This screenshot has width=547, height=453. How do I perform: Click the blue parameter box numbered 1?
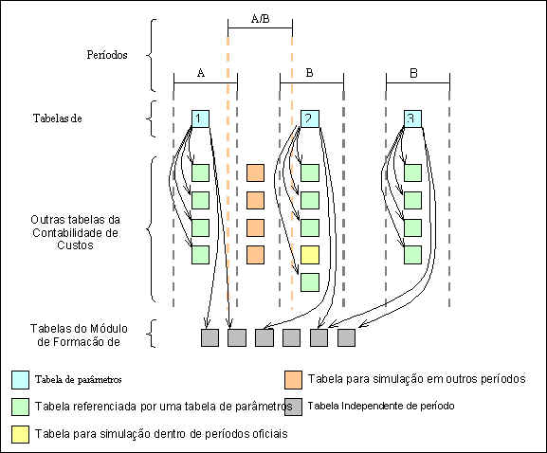click(201, 118)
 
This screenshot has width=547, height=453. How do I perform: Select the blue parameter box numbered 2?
click(310, 118)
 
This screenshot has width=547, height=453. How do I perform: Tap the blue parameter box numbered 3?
click(412, 118)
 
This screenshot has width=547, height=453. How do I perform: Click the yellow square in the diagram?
click(310, 255)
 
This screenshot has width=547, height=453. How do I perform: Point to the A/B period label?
click(261, 19)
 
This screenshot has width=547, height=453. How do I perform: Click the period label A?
click(201, 73)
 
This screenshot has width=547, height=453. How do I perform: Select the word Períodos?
click(107, 55)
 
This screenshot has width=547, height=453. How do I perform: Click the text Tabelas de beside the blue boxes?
click(58, 118)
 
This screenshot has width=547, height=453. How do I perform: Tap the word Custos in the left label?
click(75, 245)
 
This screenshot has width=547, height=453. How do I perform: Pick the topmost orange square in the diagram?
click(255, 173)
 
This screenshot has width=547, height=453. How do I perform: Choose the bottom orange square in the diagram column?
click(255, 255)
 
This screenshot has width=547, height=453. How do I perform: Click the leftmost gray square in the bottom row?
click(210, 337)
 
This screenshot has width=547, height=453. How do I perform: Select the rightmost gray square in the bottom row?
click(346, 337)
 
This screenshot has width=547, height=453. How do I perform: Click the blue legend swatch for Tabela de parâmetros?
click(20, 380)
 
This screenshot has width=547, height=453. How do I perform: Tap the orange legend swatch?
click(293, 380)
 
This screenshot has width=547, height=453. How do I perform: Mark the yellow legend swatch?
click(20, 434)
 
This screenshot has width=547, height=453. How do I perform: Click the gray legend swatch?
click(293, 407)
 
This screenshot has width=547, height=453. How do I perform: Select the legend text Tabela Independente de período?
click(381, 406)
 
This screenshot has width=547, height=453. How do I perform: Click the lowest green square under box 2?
click(310, 282)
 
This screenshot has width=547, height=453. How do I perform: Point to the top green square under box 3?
click(412, 173)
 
